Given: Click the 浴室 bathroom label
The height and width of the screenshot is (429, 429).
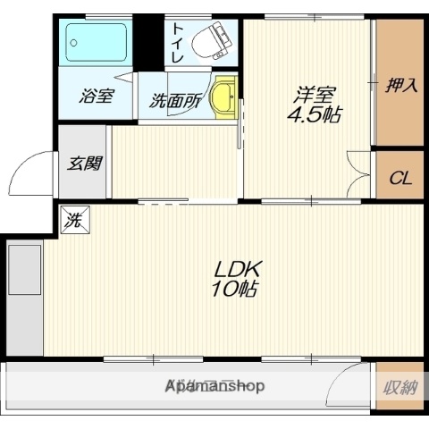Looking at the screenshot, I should tap(96, 97).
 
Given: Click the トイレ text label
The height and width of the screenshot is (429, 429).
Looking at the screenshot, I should tap(177, 43).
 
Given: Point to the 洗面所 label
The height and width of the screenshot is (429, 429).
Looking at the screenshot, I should tap(174, 101).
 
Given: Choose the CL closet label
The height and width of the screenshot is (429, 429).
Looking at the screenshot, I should tap(400, 178).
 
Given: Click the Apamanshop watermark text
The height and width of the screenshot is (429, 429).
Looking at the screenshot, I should tap(214, 387).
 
